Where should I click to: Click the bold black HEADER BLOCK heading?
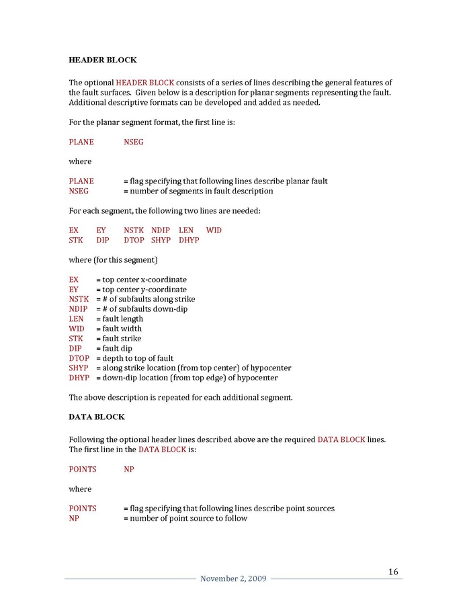pos(102,60)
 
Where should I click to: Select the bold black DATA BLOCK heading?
pos(97,417)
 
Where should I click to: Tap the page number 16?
pos(393,572)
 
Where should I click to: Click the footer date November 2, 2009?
pos(233,579)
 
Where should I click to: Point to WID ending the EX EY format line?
pos(214,230)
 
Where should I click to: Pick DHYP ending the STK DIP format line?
pos(189,240)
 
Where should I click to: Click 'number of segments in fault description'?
pos(202,191)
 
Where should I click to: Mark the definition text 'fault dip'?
pos(117,349)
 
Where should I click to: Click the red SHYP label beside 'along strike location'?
pos(79,368)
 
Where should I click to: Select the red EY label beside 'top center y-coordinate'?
pos(74,290)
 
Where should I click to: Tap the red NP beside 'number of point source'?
pos(74,518)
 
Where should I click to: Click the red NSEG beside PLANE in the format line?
pos(133,142)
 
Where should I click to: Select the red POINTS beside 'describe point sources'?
pos(82,509)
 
